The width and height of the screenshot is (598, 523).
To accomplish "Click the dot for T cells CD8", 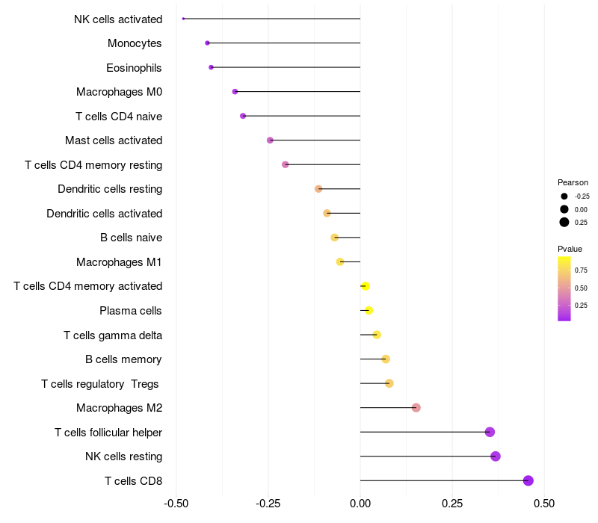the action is tap(528, 480).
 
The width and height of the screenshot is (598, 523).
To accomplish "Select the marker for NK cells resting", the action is tap(496, 457).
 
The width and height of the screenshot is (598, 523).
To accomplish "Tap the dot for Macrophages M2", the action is tap(416, 408).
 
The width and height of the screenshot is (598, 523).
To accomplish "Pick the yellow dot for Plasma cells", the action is tap(369, 311).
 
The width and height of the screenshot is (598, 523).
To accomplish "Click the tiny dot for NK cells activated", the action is tap(183, 19).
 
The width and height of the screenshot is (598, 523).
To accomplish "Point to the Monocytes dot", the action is tap(207, 43).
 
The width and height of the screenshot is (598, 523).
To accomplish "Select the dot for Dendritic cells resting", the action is tap(318, 189).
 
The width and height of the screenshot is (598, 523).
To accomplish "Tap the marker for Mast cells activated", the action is tap(270, 140).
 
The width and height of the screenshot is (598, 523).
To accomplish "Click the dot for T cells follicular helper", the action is tap(490, 432).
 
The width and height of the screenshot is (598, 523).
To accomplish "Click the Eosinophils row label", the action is tap(134, 68).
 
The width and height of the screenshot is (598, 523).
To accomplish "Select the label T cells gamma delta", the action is tap(113, 335).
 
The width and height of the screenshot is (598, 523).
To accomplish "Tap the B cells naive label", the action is tap(132, 238).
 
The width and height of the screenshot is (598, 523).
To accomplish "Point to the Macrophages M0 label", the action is tap(120, 92).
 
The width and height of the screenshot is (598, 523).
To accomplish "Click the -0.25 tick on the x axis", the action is tap(268, 504).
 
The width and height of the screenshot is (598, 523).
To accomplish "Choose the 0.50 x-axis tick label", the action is tap(544, 504).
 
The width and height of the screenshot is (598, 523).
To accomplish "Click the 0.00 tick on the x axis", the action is tap(360, 504).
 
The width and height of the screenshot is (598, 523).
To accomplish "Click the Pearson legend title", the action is tap(573, 182).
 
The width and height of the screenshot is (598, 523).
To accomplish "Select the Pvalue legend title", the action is tap(570, 249).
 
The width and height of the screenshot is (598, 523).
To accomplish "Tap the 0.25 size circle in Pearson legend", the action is tap(564, 222).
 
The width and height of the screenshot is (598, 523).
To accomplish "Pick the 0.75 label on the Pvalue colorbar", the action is tap(581, 270).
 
